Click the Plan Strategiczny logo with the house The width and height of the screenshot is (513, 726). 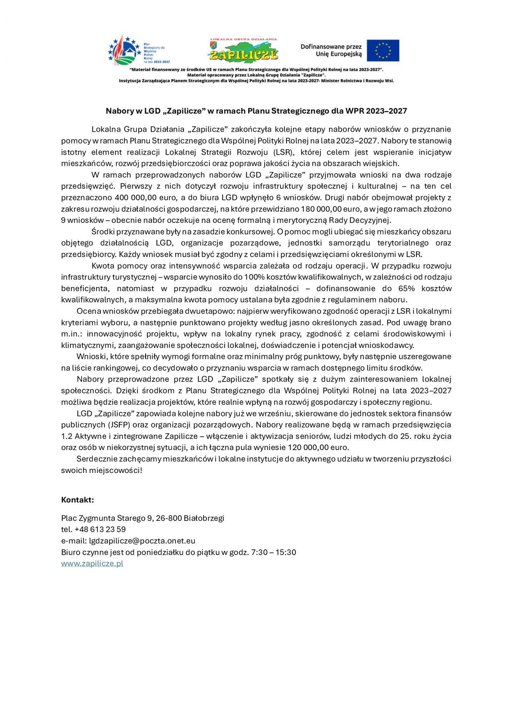125,51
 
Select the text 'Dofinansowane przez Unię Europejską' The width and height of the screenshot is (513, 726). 331,50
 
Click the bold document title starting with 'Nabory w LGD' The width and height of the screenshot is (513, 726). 256,111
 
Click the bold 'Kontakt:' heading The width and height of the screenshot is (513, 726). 78,500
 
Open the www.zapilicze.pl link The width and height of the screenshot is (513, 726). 92,564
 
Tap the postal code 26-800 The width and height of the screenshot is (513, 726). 169,518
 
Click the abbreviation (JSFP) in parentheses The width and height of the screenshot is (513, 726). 117,425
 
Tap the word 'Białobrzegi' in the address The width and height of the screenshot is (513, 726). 204,518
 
